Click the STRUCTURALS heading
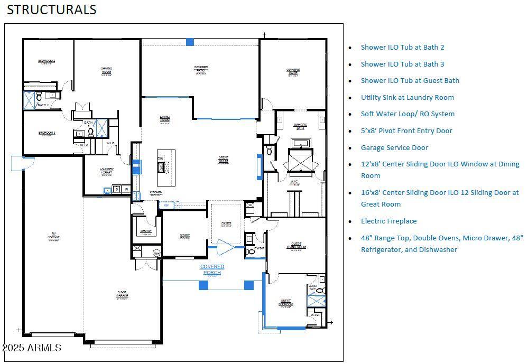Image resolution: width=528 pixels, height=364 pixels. click(51, 10)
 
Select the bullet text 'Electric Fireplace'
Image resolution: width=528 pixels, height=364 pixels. click(388, 221)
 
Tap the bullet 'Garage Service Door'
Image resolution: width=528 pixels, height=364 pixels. click(394, 148)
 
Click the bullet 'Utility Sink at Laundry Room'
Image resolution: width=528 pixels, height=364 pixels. click(407, 98)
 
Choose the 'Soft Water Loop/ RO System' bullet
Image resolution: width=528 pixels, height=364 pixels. click(407, 114)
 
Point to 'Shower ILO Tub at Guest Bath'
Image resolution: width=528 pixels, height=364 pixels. click(410, 81)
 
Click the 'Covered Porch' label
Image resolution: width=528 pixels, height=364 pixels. click(212, 269)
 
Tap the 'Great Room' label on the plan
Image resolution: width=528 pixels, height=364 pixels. click(224, 160)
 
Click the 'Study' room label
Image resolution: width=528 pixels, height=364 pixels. click(184, 236)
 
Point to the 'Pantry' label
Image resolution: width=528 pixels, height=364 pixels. click(146, 231)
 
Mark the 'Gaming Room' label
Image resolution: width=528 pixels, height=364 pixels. click(106, 70)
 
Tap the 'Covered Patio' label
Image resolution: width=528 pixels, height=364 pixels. click(201, 69)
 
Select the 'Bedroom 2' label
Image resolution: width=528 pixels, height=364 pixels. click(47, 62)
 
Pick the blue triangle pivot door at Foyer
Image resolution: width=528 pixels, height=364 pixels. click(225, 247)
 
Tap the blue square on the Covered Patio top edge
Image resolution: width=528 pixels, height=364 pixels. click(190, 42)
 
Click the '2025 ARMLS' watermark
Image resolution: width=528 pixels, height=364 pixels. click(32, 348)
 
